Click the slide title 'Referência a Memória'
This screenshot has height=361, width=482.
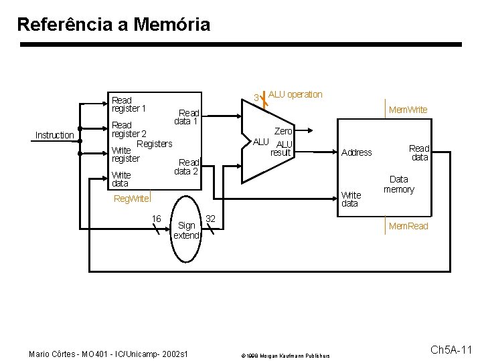tap(113, 25)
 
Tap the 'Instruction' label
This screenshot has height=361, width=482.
tap(54, 135)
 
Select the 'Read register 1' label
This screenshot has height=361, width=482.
tap(129, 104)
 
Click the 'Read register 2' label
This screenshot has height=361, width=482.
tap(129, 130)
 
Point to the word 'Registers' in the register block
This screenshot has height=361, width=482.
tap(154, 144)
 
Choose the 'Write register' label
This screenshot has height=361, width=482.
tap(125, 154)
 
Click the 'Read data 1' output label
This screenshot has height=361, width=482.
tap(187, 117)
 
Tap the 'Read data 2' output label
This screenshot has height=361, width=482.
tap(187, 166)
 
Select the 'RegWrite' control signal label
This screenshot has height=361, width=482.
tap(131, 199)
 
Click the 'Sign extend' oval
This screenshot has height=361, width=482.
tap(187, 231)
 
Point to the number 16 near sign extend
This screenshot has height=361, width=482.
tap(156, 219)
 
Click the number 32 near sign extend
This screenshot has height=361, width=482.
tap(210, 219)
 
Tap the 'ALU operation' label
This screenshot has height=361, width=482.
tap(295, 94)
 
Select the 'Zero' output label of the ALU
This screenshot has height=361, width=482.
tap(283, 132)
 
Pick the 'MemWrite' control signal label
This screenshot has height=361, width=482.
tap(408, 110)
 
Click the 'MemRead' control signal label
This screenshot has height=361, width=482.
tap(408, 227)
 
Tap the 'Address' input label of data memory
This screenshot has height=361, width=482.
tap(356, 152)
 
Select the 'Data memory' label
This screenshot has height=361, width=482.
tap(399, 185)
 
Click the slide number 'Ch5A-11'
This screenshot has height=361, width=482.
tap(451, 350)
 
